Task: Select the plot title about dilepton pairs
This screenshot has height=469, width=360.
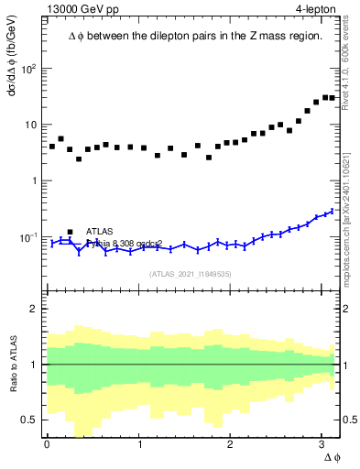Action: [195, 36]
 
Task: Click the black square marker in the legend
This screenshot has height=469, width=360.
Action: [70, 233]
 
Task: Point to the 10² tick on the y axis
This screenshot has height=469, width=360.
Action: [31, 69]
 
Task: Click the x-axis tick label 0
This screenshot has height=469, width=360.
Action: [47, 444]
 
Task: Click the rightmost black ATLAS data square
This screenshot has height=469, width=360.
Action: [332, 98]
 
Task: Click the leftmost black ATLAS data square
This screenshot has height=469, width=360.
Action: [52, 147]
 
